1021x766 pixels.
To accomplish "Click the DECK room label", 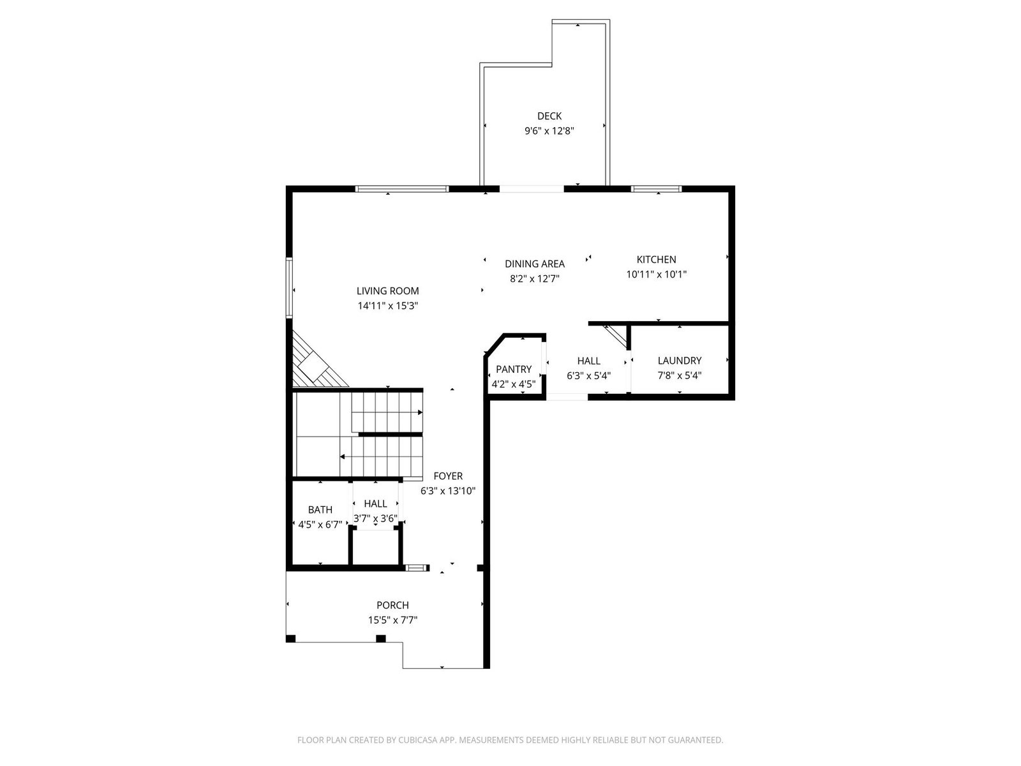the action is click(x=549, y=116).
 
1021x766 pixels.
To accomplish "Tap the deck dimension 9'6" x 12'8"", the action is click(x=549, y=131).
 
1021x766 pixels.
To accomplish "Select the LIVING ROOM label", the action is click(x=387, y=290).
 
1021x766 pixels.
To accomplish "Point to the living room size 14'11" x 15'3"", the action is click(x=387, y=306).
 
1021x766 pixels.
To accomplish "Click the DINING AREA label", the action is click(x=535, y=264).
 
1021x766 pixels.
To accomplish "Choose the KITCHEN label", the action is click(x=657, y=260).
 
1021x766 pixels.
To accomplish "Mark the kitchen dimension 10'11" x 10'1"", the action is click(x=657, y=274).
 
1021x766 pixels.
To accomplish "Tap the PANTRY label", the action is click(x=514, y=370).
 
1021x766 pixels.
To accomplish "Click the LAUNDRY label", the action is click(x=680, y=361).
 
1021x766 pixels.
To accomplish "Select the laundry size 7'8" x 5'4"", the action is click(x=680, y=375).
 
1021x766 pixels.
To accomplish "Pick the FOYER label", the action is click(x=448, y=476).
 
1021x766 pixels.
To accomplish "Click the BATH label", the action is click(x=320, y=510).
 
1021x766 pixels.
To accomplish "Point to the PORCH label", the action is click(x=392, y=605).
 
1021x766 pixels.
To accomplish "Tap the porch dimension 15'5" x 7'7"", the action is click(x=392, y=620).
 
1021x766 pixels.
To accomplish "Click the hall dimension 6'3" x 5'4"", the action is click(x=588, y=375).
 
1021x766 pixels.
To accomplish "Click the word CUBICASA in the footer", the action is click(x=418, y=740).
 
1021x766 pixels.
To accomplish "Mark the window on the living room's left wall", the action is click(x=289, y=288).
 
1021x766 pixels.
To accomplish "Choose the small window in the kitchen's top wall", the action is click(x=657, y=189).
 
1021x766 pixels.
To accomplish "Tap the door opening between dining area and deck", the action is click(x=532, y=189).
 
